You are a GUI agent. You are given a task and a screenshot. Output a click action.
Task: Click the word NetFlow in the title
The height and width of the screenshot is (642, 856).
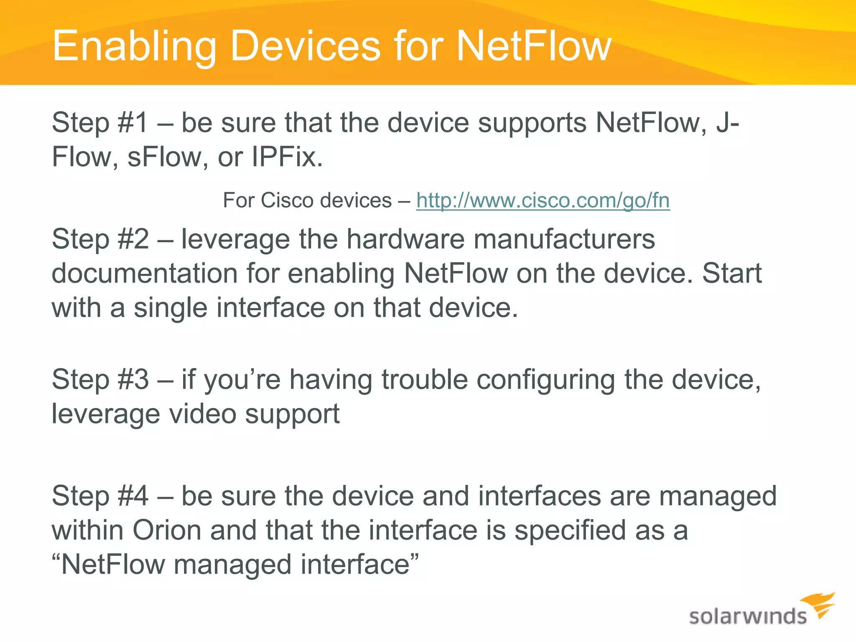534,46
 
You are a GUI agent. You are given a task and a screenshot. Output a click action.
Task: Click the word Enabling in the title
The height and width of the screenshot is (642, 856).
134,47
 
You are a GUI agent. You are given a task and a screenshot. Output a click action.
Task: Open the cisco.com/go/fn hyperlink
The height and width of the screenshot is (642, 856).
543,200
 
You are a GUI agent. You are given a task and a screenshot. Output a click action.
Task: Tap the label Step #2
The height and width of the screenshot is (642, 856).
100,239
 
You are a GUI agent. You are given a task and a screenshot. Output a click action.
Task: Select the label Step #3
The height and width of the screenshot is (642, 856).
100,380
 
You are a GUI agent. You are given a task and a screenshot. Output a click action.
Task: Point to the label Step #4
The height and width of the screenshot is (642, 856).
100,496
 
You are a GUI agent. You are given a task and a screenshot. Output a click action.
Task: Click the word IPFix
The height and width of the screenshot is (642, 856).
287,157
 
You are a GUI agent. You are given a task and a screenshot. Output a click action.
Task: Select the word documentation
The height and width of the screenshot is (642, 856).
145,273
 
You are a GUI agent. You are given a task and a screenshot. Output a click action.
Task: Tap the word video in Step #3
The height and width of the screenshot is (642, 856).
202,414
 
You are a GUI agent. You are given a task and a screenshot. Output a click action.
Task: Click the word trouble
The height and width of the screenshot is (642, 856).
425,380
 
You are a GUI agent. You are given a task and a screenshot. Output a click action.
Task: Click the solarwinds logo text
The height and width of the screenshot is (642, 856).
747,617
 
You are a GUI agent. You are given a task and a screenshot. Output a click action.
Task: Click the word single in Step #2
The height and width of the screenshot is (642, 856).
171,308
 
